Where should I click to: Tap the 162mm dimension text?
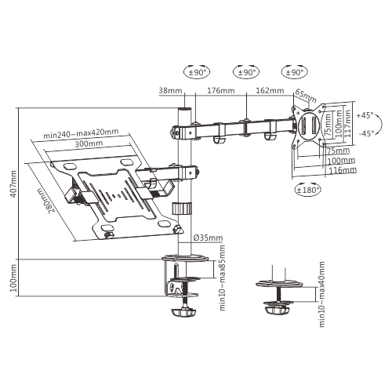(270, 91)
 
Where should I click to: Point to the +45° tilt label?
(364, 114)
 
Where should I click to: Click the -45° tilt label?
(364, 134)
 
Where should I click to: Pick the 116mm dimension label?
(343, 169)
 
